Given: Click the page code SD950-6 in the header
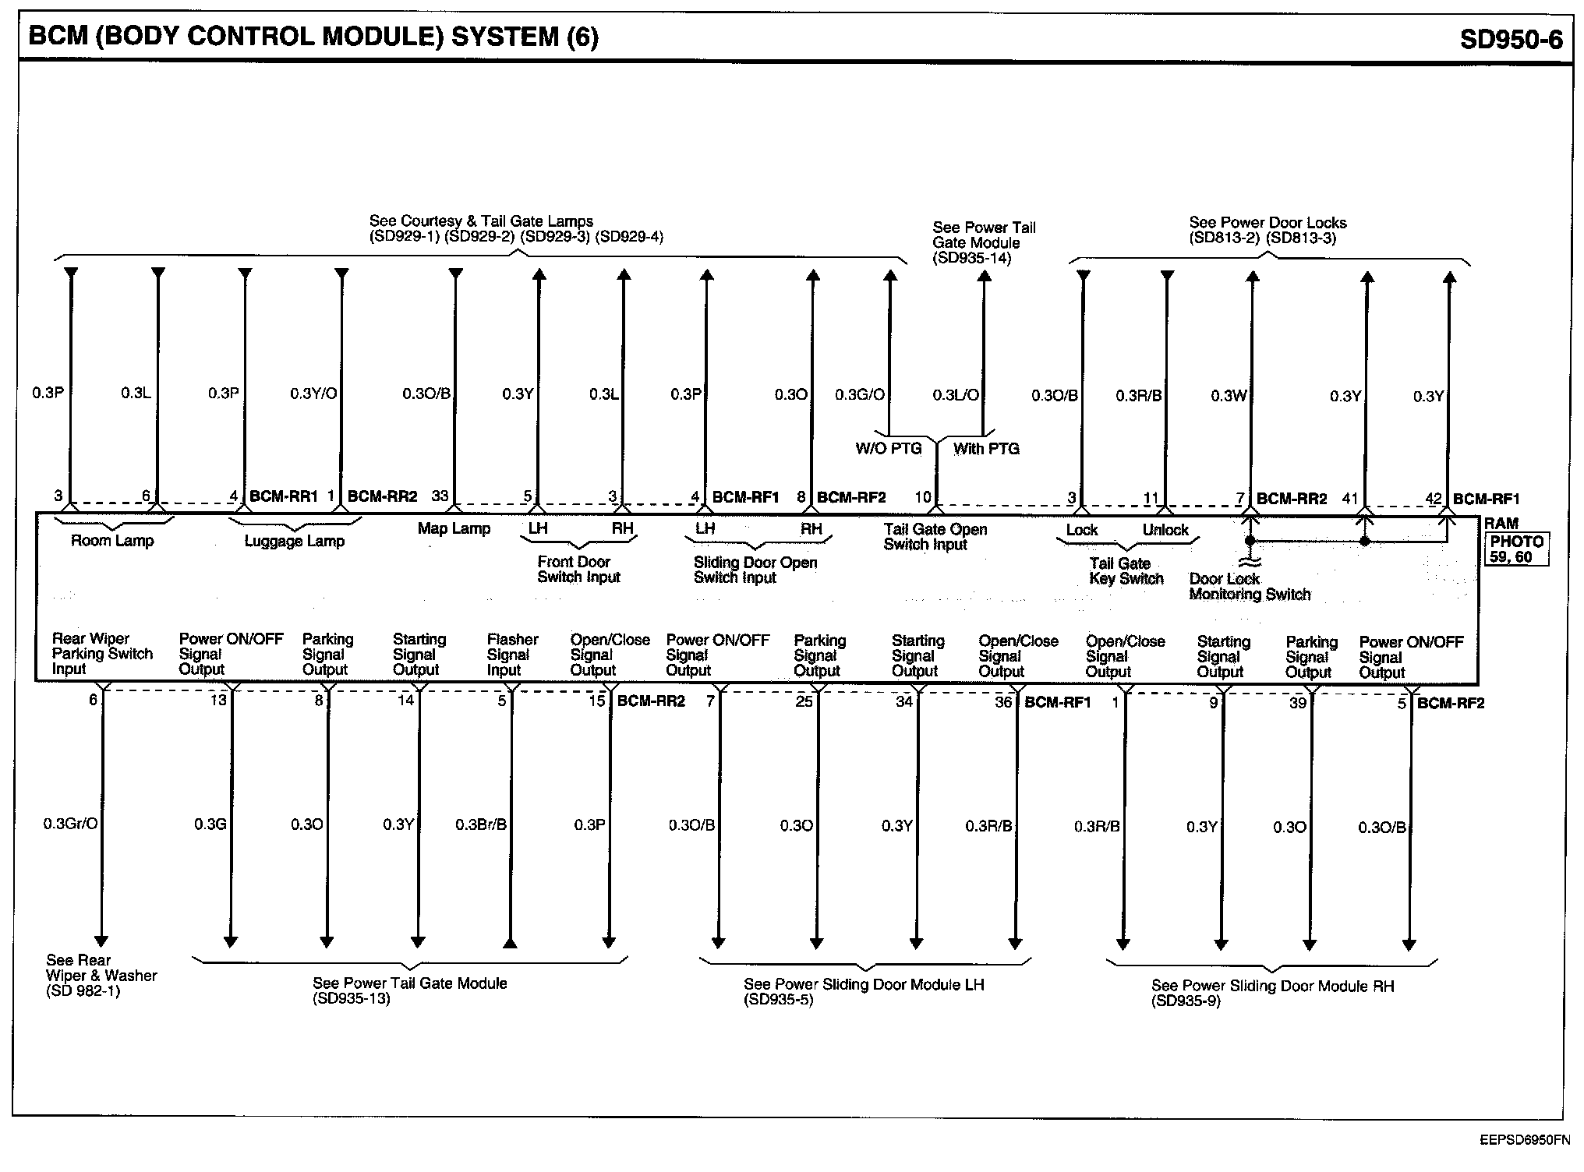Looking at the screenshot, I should point(1511,40).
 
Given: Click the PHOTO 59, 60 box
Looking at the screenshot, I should point(1516,549).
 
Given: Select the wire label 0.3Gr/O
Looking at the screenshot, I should point(70,824).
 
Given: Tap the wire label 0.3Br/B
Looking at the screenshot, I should point(481,824).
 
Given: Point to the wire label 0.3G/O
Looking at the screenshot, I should point(860,395).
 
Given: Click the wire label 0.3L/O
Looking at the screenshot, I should point(956,396).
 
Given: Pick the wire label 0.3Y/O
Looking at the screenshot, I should point(313,394).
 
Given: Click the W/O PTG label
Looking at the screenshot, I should point(888,449).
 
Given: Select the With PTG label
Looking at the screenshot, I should point(986,449).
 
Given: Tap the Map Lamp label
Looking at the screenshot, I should point(454,528).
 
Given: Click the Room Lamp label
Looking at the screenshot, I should point(112,541).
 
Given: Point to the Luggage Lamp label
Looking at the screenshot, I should point(294,542).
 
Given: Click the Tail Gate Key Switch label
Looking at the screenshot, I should point(1126,571).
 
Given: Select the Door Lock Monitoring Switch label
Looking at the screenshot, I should point(1249,587).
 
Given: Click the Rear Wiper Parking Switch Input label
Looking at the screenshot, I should point(101,654).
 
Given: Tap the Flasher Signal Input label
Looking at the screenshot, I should point(512,655).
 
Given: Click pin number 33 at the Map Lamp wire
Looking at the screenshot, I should point(440,496).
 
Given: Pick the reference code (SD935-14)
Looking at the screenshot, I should point(971,258).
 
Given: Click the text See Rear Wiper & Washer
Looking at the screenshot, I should point(101,968).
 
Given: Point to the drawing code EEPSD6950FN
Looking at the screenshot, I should point(1525,1140).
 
